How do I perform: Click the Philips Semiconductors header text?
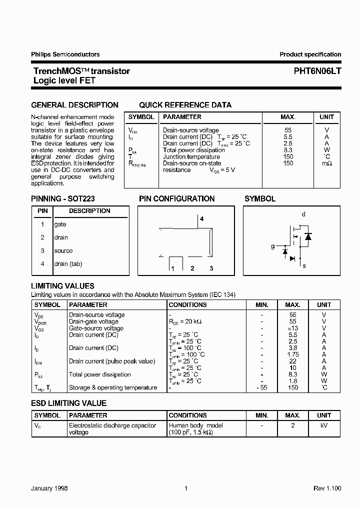pyautogui.click(x=65, y=54)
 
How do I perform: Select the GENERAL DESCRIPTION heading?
pyautogui.click(x=74, y=105)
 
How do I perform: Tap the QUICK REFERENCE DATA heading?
pyautogui.click(x=185, y=105)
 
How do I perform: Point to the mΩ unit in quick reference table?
pyautogui.click(x=326, y=163)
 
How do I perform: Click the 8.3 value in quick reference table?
pyautogui.click(x=287, y=150)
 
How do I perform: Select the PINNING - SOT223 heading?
pyautogui.click(x=63, y=198)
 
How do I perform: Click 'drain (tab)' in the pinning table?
pyautogui.click(x=68, y=264)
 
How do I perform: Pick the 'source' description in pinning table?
pyautogui.click(x=63, y=251)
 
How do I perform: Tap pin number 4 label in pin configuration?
pyautogui.click(x=202, y=219)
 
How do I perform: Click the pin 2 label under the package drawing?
pyautogui.click(x=192, y=268)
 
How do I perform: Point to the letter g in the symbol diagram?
pyautogui.click(x=272, y=246)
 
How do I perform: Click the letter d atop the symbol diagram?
pyautogui.click(x=303, y=214)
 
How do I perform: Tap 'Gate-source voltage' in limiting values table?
pyautogui.click(x=96, y=328)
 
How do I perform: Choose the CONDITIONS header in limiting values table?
pyautogui.click(x=187, y=304)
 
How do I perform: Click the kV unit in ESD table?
pyautogui.click(x=323, y=425)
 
